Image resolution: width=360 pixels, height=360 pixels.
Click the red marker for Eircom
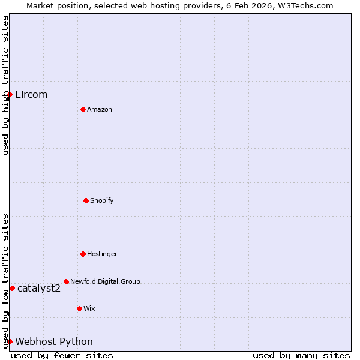10,94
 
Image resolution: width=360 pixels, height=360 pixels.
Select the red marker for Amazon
83,109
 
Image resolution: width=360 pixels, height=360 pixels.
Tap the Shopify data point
86,200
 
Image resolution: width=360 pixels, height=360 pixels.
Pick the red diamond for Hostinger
83,254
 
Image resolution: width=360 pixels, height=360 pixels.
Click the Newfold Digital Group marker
66,281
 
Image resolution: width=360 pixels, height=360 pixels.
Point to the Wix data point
79,308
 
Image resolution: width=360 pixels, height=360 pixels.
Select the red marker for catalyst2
12,288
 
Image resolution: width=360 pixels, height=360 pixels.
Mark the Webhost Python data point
10,341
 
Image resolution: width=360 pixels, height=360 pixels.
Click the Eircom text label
31,94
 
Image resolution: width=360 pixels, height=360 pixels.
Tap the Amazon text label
100,109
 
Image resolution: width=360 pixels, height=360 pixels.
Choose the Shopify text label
102,200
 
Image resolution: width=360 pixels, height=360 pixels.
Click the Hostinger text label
102,254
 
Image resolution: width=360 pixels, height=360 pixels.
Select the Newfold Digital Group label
105,281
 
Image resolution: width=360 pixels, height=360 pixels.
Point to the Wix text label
89,308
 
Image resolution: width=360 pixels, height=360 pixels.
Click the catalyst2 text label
39,288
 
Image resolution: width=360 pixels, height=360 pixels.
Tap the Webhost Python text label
54,341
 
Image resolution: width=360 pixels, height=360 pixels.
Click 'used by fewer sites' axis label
62,355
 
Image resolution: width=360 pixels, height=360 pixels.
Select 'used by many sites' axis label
301,355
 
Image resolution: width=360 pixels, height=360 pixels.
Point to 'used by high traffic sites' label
5,85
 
